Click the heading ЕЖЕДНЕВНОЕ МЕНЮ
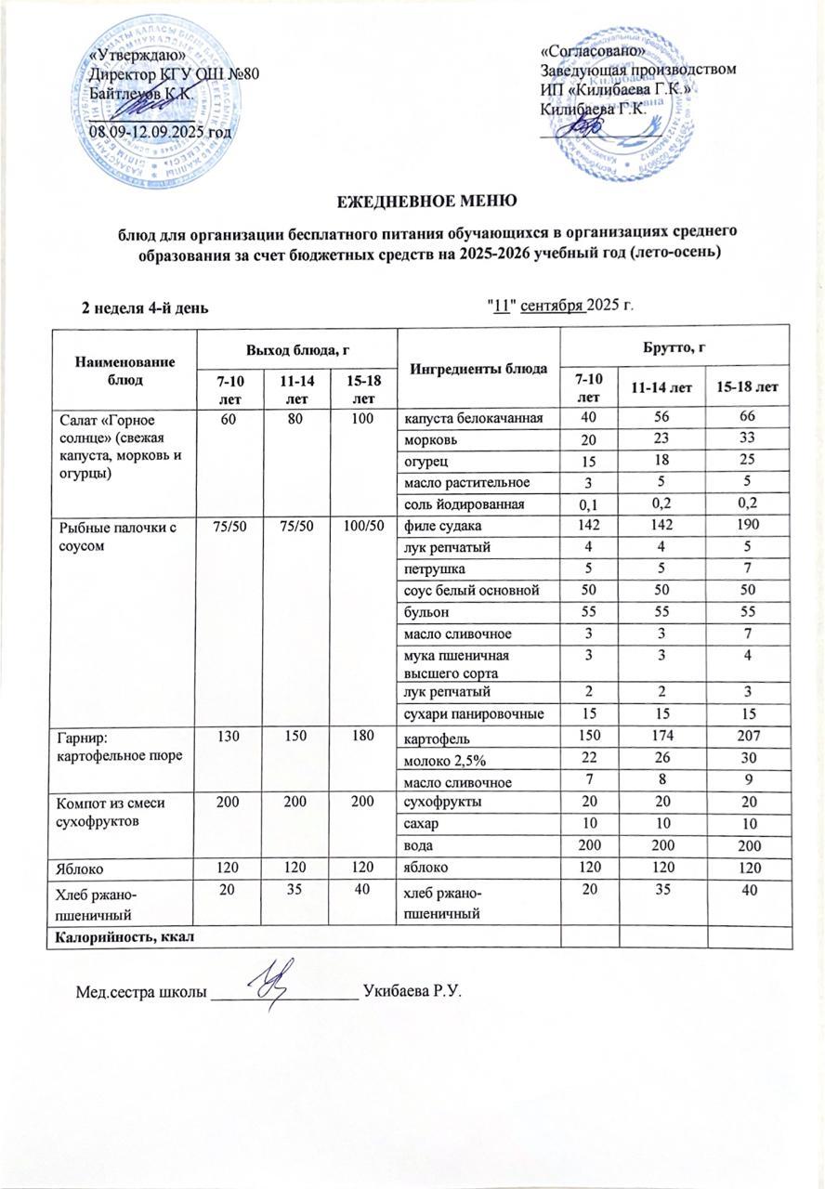pyautogui.click(x=412, y=201)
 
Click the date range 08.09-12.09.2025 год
pyautogui.click(x=159, y=131)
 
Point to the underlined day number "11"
pyautogui.click(x=504, y=307)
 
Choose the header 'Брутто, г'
pyautogui.click(x=677, y=346)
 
